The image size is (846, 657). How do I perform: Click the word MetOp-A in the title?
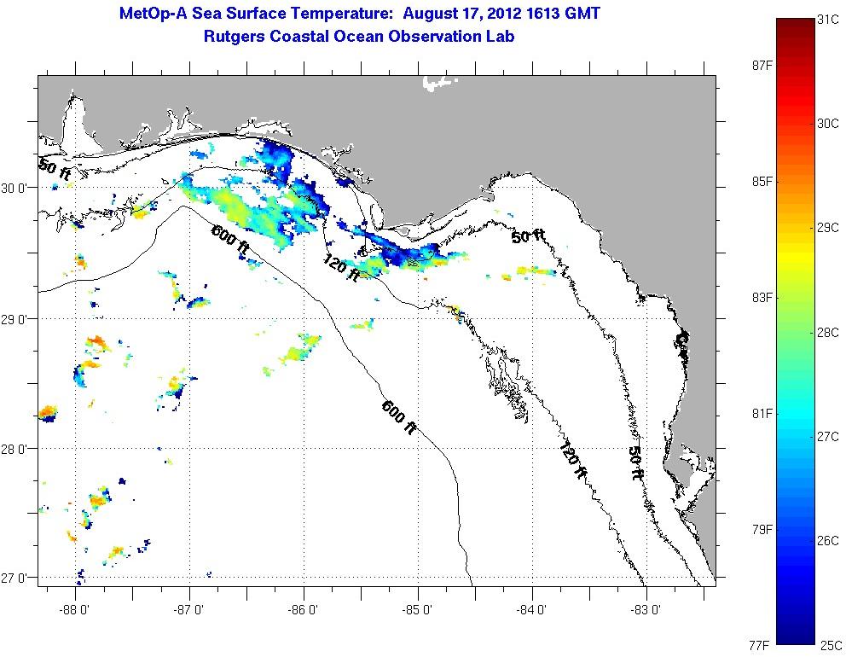[x=159, y=14]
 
